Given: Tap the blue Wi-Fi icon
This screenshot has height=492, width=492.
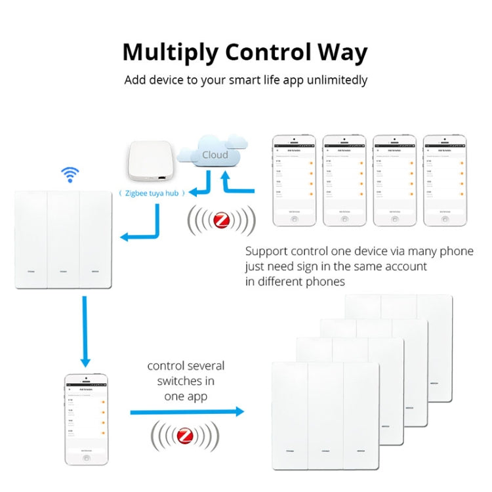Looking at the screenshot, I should click(70, 174).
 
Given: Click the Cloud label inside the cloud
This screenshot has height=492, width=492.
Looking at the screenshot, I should click(215, 155).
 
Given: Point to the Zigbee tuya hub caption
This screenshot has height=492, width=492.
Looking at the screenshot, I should click(152, 193).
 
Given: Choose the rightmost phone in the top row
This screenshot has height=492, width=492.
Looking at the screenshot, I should click(445, 181).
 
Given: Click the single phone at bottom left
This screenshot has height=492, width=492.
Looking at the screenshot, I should click(85, 420).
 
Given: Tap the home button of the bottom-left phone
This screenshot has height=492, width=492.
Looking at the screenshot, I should click(85, 457).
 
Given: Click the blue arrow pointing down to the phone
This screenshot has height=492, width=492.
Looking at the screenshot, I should click(85, 331).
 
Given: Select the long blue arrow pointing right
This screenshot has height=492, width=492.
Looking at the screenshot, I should click(187, 412).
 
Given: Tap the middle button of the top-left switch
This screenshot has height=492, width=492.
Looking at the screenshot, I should click(64, 238).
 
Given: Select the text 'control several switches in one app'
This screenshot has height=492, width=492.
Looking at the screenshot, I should click(186, 381).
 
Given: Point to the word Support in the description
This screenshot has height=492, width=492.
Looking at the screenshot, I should click(266, 251).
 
